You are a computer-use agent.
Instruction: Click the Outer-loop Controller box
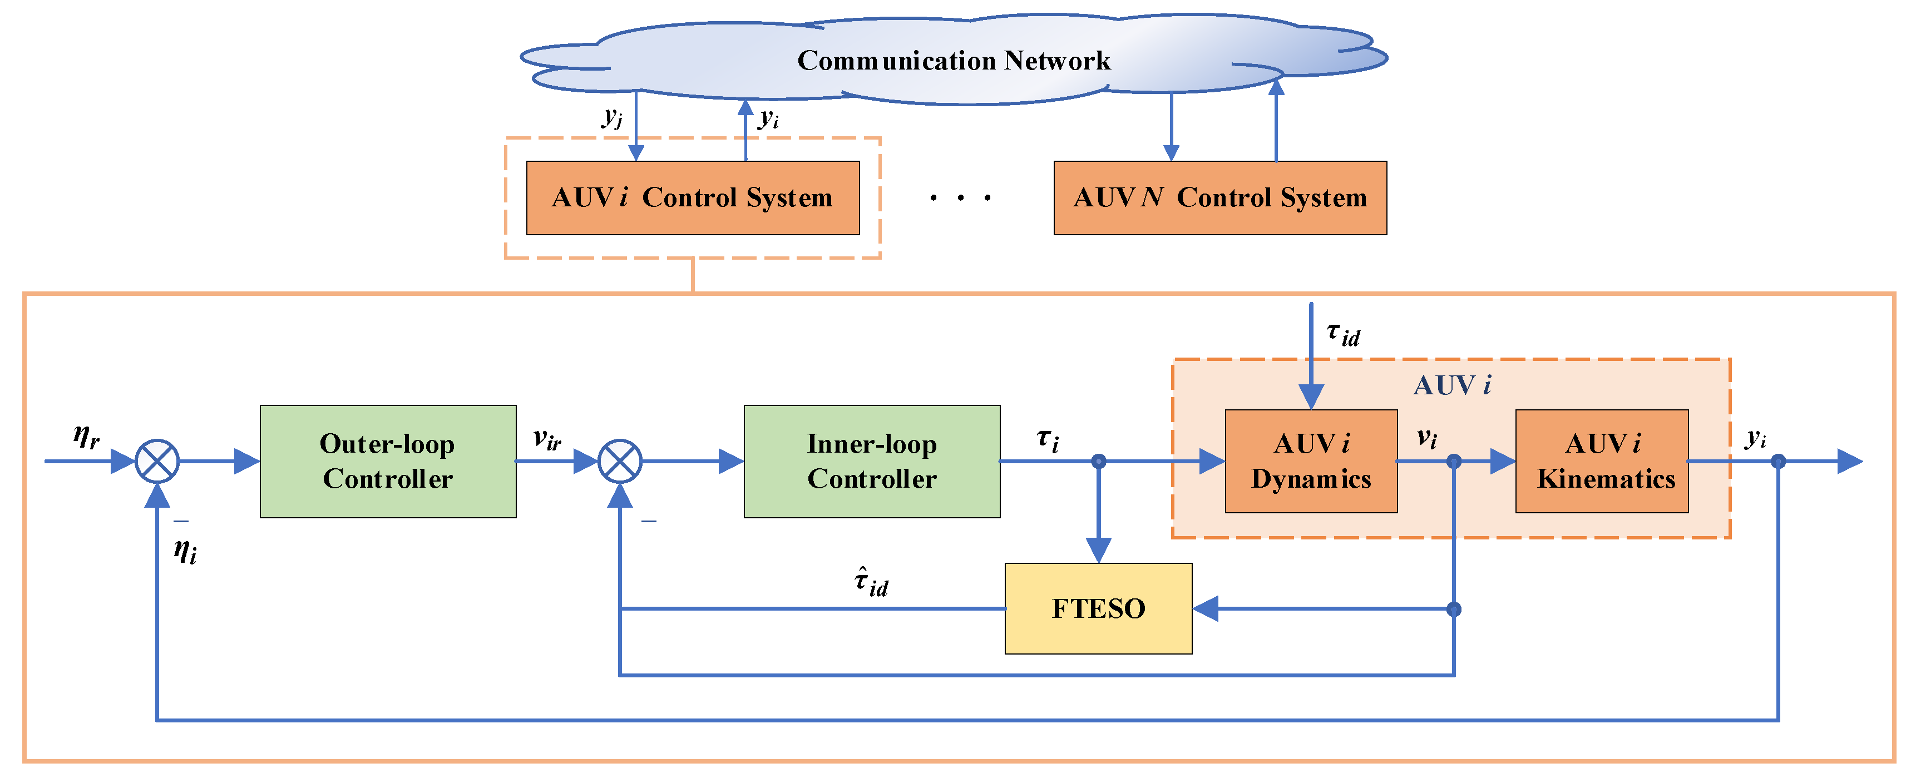click(388, 461)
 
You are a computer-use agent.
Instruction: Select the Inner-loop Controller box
click(872, 461)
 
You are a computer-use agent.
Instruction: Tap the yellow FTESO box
click(1098, 608)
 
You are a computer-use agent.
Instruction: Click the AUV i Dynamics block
click(1311, 461)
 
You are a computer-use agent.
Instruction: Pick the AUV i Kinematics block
click(1602, 461)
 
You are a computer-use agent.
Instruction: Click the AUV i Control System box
click(693, 197)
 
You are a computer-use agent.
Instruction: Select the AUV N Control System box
click(1220, 197)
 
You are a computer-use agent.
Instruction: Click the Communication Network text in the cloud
click(953, 60)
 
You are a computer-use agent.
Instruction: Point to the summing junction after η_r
click(157, 461)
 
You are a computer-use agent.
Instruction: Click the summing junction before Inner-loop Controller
click(619, 461)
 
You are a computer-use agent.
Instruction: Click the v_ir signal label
click(547, 439)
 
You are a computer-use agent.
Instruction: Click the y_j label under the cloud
click(613, 117)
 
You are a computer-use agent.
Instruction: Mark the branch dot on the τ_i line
click(1099, 461)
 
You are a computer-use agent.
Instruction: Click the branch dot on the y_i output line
click(1778, 461)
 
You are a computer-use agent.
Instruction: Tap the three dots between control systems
click(960, 197)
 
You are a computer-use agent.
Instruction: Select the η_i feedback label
click(185, 551)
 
